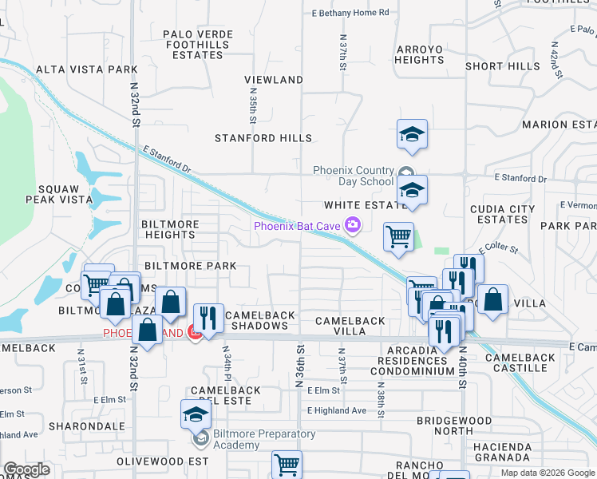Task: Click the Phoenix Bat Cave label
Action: [298, 226]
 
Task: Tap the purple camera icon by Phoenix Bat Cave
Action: [352, 226]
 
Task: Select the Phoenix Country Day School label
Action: [354, 176]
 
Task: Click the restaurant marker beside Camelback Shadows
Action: [208, 319]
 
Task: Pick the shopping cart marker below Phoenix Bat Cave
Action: [397, 237]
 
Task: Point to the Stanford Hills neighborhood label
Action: [263, 138]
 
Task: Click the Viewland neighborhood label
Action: [274, 80]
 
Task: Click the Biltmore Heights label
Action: [170, 229]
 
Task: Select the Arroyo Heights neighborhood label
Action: [419, 54]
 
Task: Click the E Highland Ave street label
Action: [338, 410]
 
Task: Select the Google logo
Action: [26, 469]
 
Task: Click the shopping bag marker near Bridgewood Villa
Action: [493, 300]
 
